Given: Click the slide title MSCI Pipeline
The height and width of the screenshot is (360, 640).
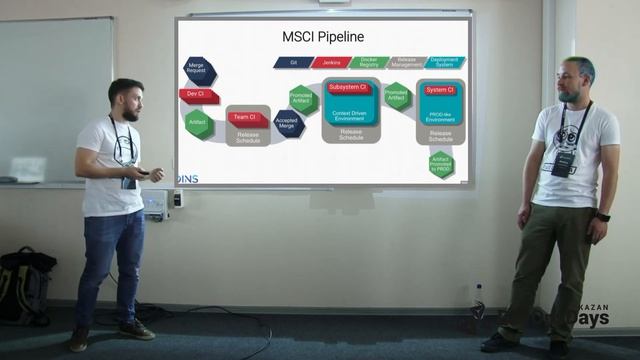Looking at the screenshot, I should [323, 38].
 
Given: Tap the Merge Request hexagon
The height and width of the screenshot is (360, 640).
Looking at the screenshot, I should [196, 68].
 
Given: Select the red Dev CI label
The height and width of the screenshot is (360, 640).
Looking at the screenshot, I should [195, 93].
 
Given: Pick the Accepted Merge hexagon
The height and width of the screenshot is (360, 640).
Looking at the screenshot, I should [286, 125].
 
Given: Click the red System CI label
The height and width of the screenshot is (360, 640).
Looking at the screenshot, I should [439, 90].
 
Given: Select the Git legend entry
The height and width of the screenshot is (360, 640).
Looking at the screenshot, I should [295, 62].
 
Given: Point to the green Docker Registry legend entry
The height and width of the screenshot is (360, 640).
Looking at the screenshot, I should [369, 62].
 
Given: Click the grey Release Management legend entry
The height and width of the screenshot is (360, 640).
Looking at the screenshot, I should [406, 62].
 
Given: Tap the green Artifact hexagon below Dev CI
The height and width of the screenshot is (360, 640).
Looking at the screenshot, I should [198, 122].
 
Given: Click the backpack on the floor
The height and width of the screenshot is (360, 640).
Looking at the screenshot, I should [26, 284].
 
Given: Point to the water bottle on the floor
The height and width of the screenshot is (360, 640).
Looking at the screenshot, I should [478, 299].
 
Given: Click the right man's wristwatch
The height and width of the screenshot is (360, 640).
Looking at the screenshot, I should [603, 216].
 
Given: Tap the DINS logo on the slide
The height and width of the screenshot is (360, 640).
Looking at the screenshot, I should [185, 177].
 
